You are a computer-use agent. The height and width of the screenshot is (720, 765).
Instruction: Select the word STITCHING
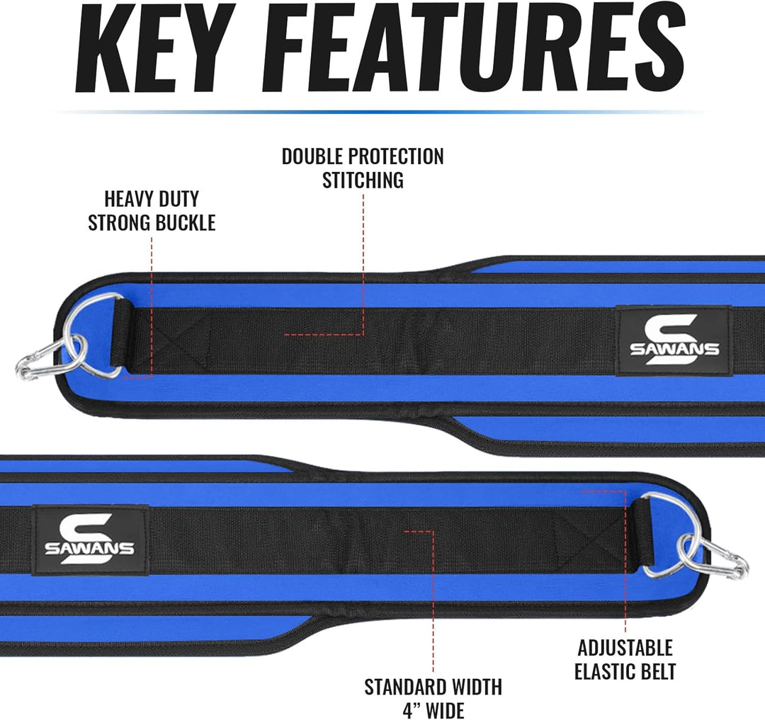coord(363,181)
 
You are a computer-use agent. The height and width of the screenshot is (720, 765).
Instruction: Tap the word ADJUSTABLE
coord(625,648)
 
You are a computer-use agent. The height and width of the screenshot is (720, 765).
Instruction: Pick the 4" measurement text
coord(412,710)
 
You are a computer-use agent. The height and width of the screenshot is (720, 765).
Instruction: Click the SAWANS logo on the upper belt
coord(674,341)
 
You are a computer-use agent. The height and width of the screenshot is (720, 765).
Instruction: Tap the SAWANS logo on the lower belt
coord(90,539)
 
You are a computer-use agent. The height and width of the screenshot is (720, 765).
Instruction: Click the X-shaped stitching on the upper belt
coord(171,341)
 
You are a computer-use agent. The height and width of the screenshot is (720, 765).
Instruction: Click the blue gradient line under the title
coord(380,112)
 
